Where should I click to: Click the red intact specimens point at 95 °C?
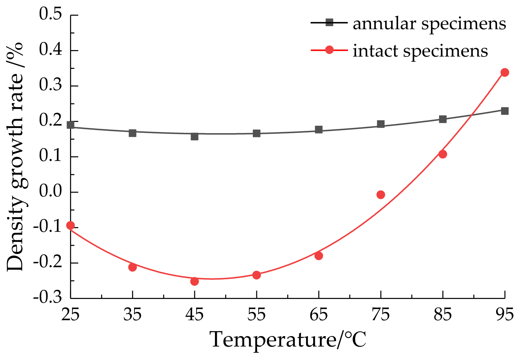505,72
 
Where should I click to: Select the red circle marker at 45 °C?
195,281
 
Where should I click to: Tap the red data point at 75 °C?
381,195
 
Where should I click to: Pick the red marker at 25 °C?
70,225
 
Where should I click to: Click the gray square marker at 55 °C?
257,133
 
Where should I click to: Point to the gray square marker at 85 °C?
443,119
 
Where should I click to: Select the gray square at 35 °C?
133,133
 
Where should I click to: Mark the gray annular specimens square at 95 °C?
505,111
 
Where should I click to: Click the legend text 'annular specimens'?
429,24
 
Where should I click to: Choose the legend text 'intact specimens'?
420,51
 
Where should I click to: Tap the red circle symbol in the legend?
329,50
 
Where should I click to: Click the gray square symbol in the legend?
329,23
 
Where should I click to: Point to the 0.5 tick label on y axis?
50,15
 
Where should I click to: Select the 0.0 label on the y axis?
50,192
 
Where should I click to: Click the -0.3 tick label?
48,297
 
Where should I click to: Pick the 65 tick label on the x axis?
319,315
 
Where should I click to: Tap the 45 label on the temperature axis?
195,315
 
